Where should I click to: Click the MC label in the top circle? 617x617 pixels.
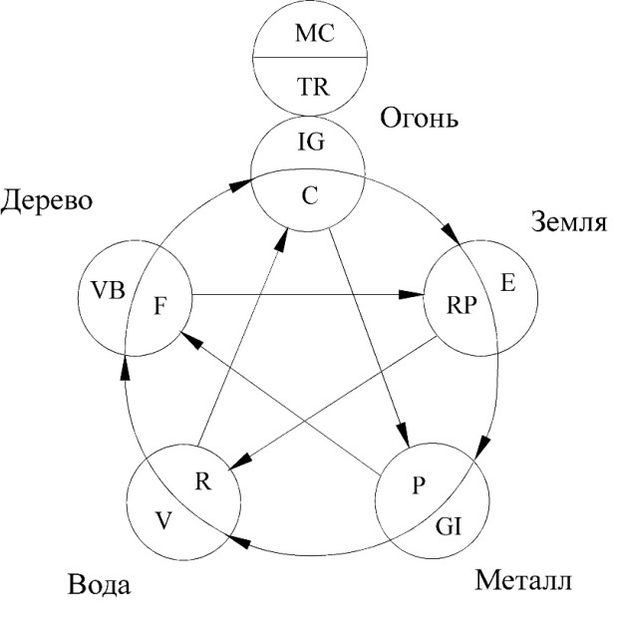tap(314, 33)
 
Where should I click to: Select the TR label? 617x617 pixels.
tap(313, 87)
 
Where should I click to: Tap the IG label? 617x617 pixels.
tap(311, 143)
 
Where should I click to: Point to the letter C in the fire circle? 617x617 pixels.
tap(310, 195)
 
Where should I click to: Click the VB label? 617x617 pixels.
tap(108, 290)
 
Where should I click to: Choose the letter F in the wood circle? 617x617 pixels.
tap(159, 306)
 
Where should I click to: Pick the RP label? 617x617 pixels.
tap(462, 305)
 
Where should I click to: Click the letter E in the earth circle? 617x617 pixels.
tap(508, 282)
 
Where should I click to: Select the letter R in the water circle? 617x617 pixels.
tap(203, 480)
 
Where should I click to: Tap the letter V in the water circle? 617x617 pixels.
tap(163, 520)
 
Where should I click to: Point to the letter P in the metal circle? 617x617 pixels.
tap(419, 484)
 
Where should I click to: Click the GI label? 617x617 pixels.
tap(449, 526)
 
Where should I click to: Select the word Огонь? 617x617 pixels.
tap(420, 118)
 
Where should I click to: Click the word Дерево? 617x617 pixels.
tap(47, 201)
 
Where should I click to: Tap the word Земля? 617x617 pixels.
tap(569, 221)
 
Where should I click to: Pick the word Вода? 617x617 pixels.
tap(99, 585)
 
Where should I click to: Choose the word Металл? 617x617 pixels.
tap(523, 580)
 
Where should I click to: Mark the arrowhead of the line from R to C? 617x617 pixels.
tap(281, 239)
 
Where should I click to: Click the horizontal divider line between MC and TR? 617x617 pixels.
tap(310, 58)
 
